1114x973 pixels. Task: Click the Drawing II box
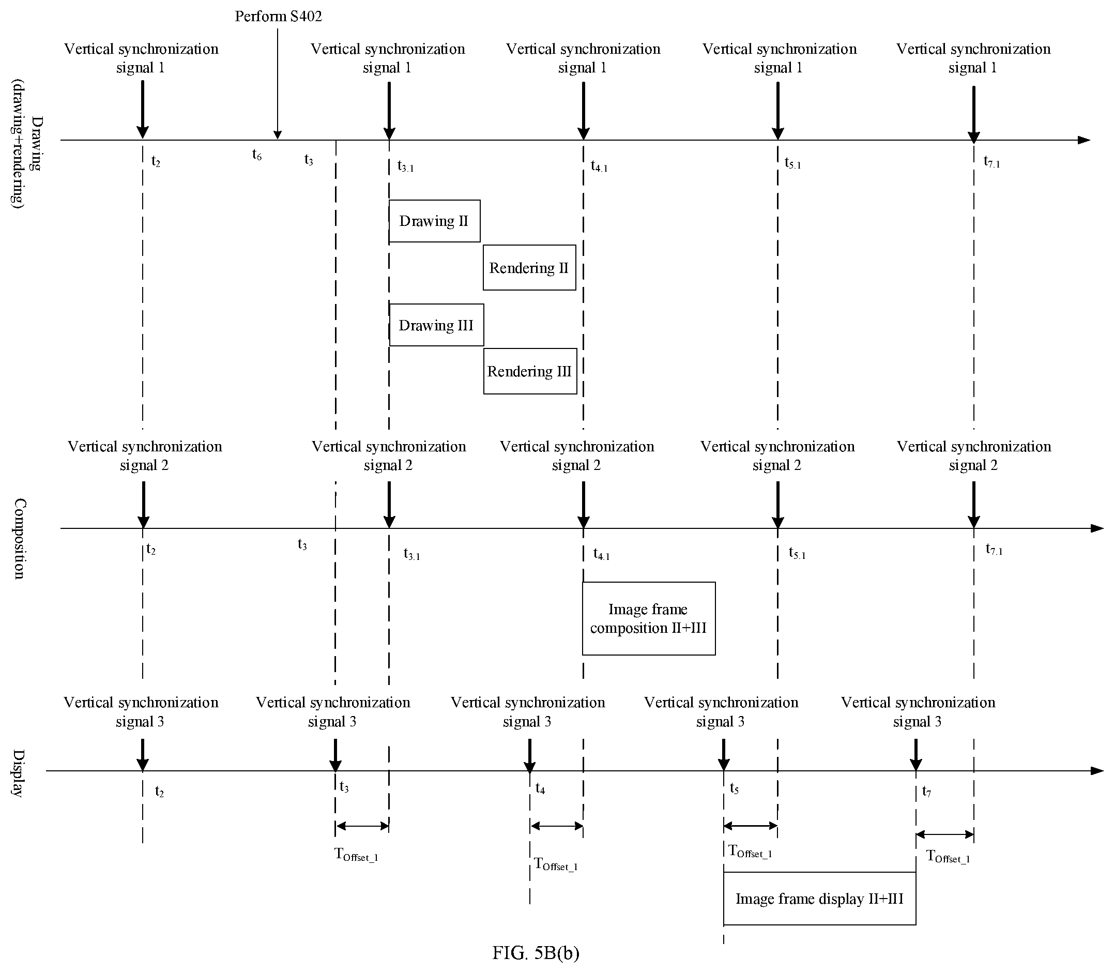(434, 221)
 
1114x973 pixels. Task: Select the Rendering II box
(529, 268)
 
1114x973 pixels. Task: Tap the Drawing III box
(436, 325)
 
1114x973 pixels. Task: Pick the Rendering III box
(530, 371)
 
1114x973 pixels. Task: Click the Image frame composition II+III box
(649, 618)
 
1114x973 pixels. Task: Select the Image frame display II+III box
(820, 899)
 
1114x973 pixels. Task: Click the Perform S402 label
(279, 17)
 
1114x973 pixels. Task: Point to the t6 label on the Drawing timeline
(257, 155)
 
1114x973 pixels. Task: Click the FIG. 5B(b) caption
(536, 953)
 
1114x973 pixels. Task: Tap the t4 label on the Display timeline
(540, 788)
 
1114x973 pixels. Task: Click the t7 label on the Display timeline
(927, 792)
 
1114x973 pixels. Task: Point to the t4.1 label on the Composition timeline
(602, 554)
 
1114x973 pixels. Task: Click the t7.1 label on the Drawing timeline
(992, 161)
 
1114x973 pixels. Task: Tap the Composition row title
(20, 539)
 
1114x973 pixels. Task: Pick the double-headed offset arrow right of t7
(944, 834)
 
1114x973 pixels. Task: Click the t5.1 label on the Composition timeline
(797, 553)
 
